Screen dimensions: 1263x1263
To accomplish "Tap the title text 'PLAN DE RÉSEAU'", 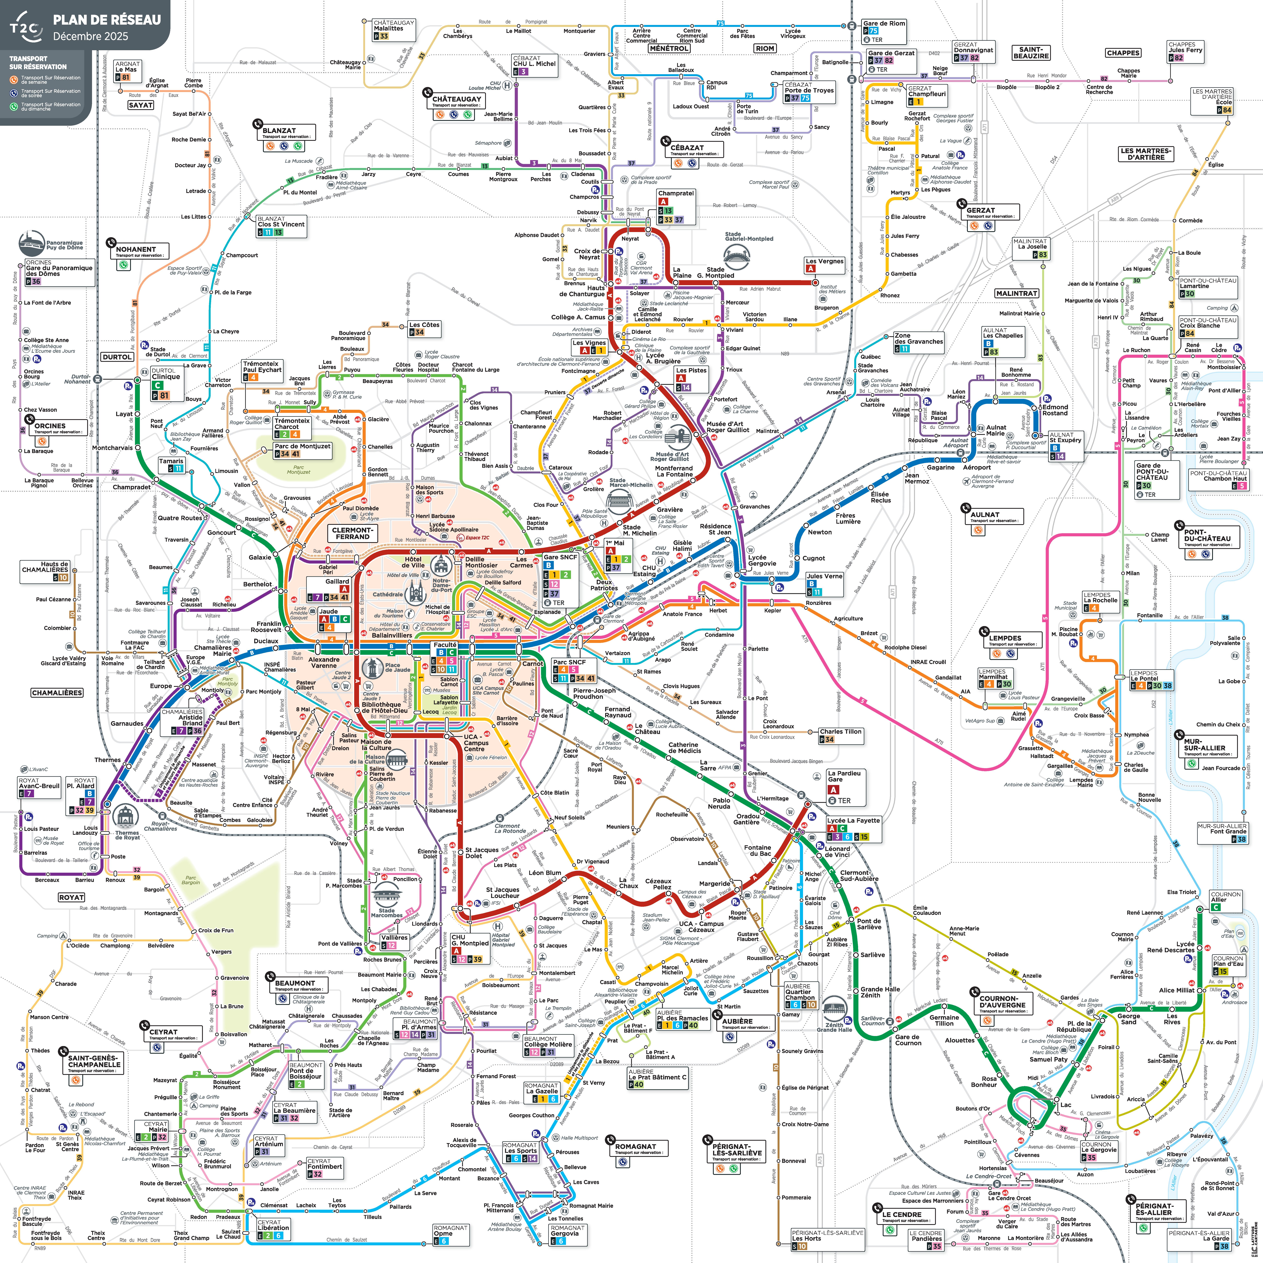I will tap(107, 20).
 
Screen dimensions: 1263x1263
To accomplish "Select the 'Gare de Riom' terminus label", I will tap(884, 23).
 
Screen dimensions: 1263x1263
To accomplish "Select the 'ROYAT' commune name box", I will tap(71, 897).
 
